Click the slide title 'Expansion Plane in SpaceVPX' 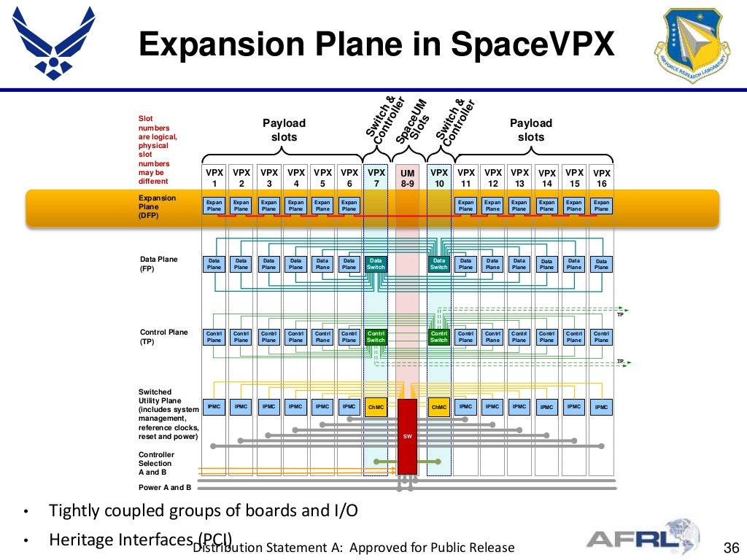point(377,44)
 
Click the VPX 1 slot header point(214,178)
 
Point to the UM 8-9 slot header point(408,178)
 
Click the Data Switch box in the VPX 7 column point(376,264)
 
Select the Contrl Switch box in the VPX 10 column point(439,336)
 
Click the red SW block point(408,436)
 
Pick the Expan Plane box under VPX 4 point(295,206)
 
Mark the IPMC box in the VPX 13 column point(519,407)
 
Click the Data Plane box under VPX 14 point(546,264)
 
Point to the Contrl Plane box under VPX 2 point(241,336)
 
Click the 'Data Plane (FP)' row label point(158,264)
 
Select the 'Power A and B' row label point(165,487)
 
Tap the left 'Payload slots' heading point(284,130)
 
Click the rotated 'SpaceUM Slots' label point(412,121)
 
